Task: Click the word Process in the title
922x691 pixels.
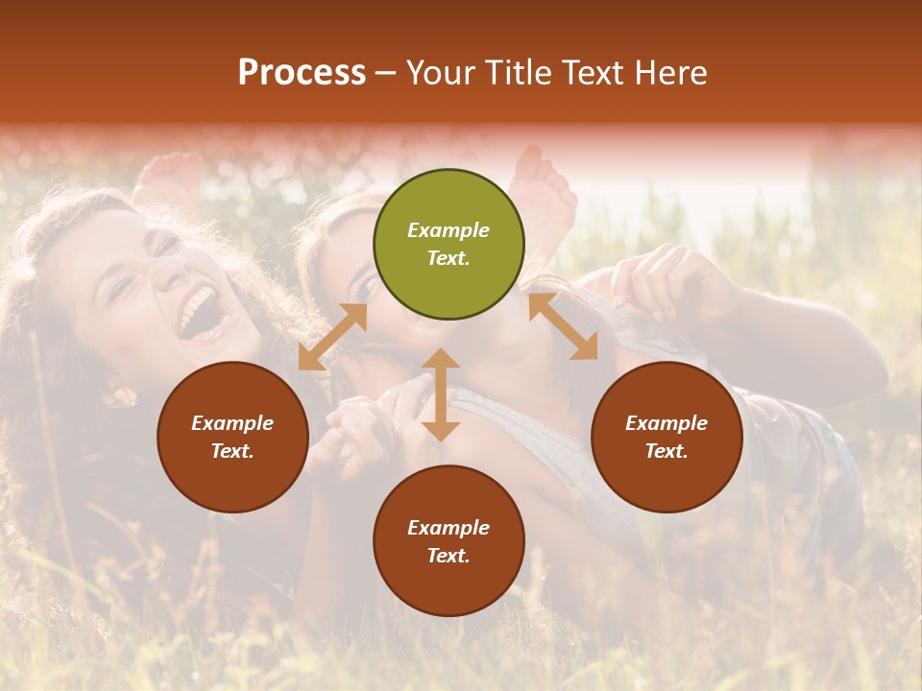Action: tap(302, 73)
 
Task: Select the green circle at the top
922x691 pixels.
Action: tap(449, 245)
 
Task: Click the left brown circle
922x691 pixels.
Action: tap(232, 437)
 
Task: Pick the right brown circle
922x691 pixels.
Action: tap(666, 437)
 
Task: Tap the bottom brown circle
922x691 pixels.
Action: tap(449, 541)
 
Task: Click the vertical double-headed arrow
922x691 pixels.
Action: tap(441, 395)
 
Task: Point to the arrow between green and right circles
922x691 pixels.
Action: tap(563, 326)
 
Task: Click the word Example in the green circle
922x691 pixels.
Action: tap(449, 230)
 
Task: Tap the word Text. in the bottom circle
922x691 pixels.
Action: tap(449, 556)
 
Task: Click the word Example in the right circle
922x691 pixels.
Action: tap(666, 423)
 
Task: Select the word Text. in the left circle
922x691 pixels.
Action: tap(232, 451)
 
